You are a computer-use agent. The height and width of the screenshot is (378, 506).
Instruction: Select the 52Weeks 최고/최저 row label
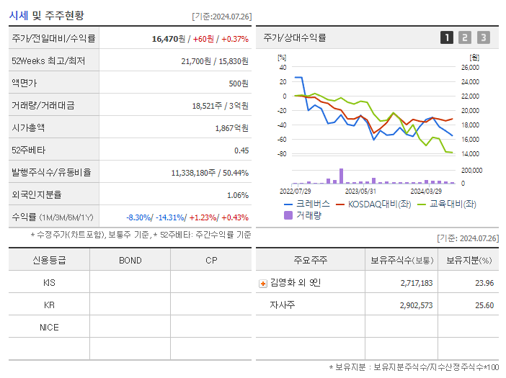pos(48,61)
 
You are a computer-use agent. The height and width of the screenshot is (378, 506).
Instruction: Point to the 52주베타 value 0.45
pos(241,150)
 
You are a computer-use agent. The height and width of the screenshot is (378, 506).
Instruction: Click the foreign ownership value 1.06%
pos(237,195)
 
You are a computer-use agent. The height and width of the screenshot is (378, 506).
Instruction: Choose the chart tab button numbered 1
pos(447,38)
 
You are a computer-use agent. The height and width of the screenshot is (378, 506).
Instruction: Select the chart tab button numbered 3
pos(483,38)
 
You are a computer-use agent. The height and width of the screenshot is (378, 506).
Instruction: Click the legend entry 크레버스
pos(313,204)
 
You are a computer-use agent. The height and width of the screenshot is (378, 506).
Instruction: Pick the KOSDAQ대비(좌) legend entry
pos(374,204)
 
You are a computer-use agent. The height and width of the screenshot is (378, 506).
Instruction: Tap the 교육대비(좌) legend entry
pos(453,204)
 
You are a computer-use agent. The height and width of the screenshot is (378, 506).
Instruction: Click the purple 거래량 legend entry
pos(309,215)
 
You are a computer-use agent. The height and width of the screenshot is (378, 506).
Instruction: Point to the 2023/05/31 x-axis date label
pos(360,192)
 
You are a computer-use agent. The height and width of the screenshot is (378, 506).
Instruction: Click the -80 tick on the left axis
pos(282,154)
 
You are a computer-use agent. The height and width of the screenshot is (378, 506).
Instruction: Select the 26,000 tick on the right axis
pos(469,68)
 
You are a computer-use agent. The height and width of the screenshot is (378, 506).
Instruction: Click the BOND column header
pos(130,260)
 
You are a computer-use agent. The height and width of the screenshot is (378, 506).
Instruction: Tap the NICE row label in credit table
pos(49,327)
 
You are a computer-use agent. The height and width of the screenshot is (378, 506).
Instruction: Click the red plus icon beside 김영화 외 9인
pos(263,283)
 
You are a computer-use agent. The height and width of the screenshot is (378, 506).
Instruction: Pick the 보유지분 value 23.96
pos(484,283)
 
